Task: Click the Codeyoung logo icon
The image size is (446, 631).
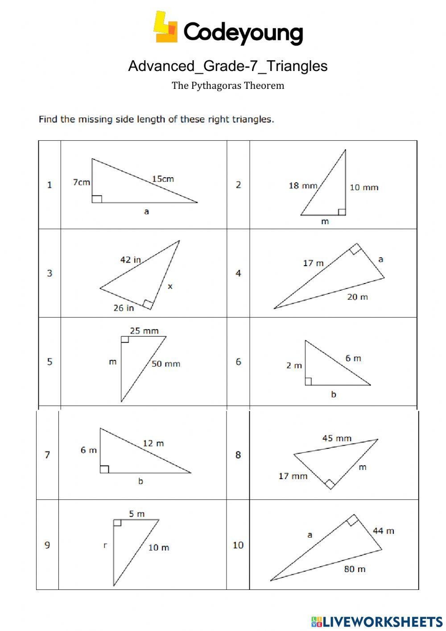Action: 165,28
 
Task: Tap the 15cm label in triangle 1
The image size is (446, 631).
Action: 163,179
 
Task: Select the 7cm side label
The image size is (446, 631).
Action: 81,182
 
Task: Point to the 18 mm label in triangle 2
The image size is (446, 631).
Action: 303,185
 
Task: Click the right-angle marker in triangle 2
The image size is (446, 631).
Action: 342,212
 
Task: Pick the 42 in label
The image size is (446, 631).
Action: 130,259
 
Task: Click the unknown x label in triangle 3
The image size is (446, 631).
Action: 170,287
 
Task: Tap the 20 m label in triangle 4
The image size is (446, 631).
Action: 357,297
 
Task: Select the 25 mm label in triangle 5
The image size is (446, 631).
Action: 144,331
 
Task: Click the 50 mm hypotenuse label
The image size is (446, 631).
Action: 166,364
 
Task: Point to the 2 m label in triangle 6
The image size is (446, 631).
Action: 294,366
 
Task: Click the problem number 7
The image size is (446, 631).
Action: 47,455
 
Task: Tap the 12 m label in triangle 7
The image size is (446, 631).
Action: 153,443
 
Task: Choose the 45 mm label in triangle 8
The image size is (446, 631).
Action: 337,439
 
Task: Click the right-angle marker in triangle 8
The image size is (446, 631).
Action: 330,484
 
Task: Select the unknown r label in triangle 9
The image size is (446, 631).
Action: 105,545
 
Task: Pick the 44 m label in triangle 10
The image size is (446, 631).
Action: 383,531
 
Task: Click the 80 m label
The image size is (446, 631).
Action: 355,569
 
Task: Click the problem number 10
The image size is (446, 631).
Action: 238,545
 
